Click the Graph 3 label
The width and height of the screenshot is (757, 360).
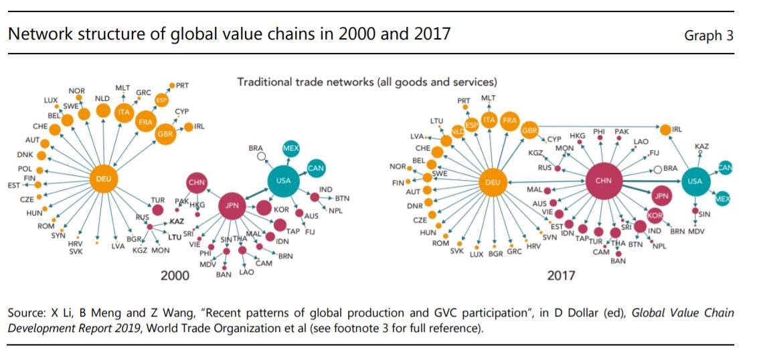point(708,35)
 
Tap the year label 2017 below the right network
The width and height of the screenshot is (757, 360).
point(561,275)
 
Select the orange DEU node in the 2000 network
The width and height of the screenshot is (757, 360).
point(104,179)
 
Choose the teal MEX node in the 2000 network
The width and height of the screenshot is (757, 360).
point(291,149)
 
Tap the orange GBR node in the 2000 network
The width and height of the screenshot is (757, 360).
point(165,134)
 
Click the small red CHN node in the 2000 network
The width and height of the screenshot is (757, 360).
point(197,182)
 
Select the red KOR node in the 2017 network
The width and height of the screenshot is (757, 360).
point(655,215)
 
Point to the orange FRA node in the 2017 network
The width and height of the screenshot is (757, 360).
point(510,120)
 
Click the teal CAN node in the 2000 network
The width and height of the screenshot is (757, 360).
point(316,168)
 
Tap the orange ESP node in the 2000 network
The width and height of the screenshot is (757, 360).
point(161,100)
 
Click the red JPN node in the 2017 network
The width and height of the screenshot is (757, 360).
point(661,196)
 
